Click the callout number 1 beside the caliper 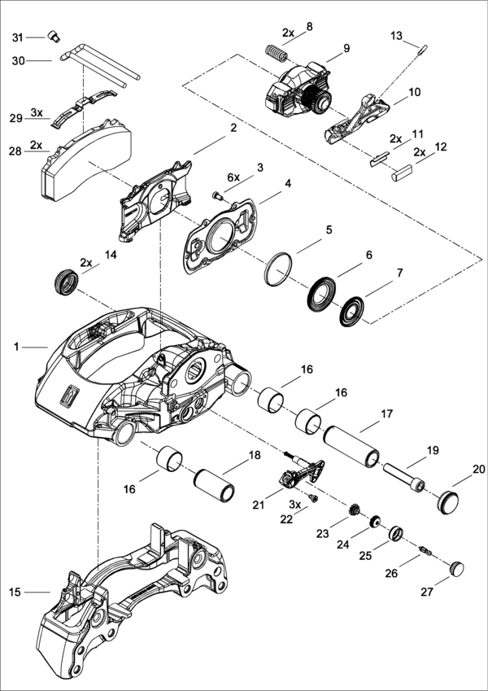pyautogui.click(x=16, y=347)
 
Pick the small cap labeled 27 pyautogui.click(x=457, y=564)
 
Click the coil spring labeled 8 pyautogui.click(x=278, y=55)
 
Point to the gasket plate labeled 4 pyautogui.click(x=221, y=236)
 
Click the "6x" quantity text pyautogui.click(x=233, y=177)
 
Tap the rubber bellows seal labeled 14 pyautogui.click(x=65, y=283)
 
